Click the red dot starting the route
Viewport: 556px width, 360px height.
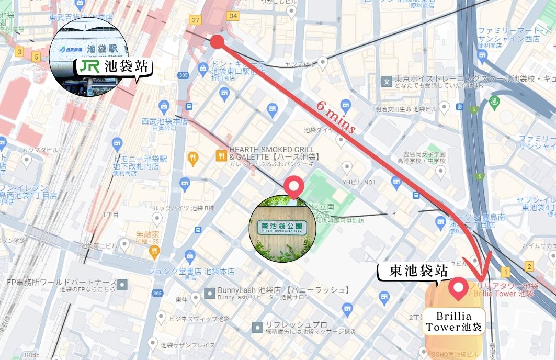(x=217, y=42)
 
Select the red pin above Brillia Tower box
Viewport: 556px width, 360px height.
(x=459, y=288)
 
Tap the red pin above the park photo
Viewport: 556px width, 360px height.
(x=293, y=187)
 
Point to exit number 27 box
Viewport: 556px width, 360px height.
(x=196, y=19)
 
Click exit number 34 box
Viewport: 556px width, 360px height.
(x=233, y=16)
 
